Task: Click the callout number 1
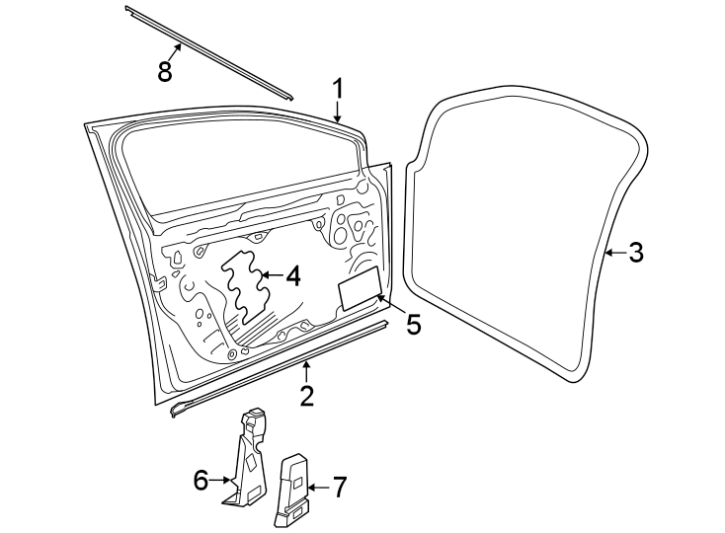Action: tap(339, 89)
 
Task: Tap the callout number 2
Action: tap(306, 396)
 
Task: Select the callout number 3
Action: tap(636, 253)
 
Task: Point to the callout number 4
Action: tap(293, 275)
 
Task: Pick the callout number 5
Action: tap(413, 324)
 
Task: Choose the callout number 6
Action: tap(201, 481)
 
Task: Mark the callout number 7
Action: tap(339, 488)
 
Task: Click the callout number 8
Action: tap(165, 72)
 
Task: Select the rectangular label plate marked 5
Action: tap(361, 288)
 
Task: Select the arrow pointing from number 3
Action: tap(615, 253)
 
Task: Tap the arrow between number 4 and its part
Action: tap(272, 275)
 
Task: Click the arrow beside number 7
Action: tap(318, 488)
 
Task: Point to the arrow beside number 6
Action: tap(220, 481)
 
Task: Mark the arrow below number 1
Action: tap(338, 113)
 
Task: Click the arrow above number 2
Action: tap(306, 372)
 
